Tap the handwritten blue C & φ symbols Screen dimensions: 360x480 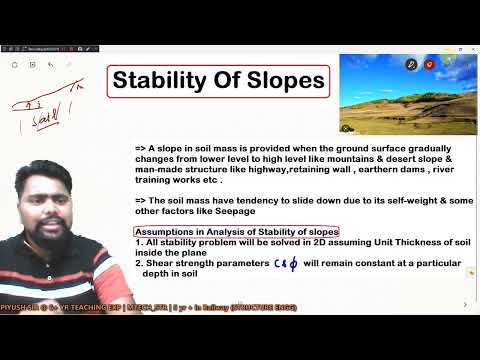pyautogui.click(x=287, y=263)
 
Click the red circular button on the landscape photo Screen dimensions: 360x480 pyautogui.click(x=429, y=64)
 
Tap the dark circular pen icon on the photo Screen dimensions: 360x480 pyautogui.click(x=410, y=64)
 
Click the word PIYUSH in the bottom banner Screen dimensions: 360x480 pyautogui.click(x=17, y=322)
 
